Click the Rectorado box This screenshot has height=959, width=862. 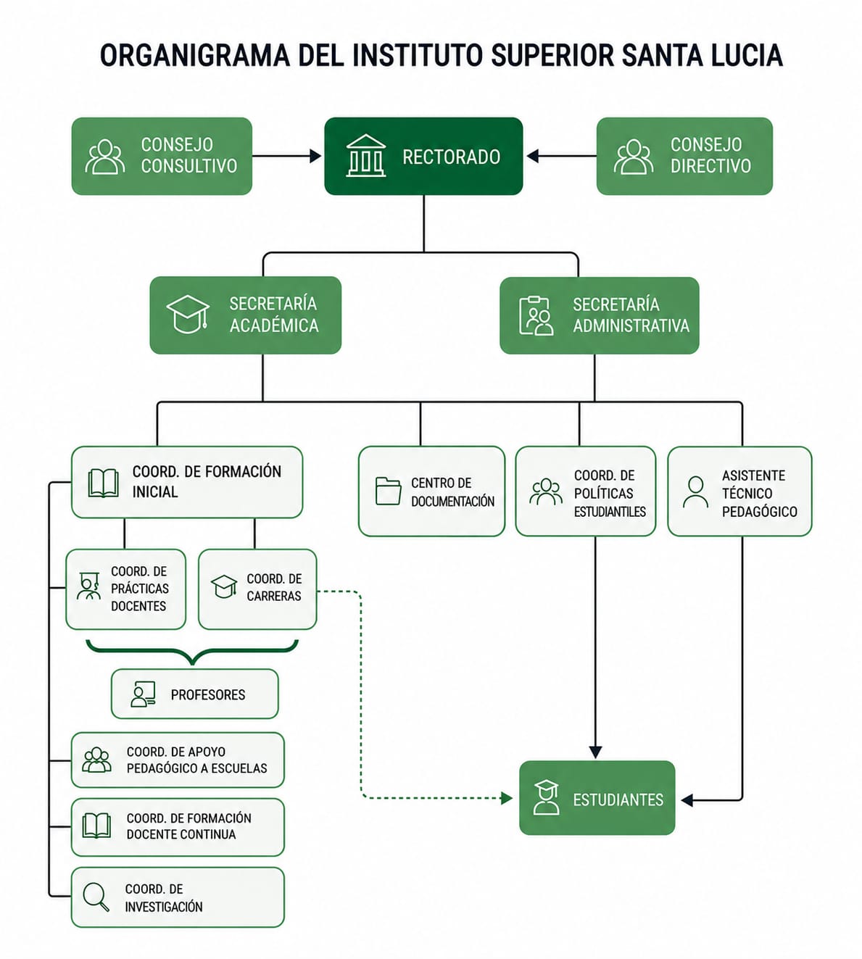coord(423,156)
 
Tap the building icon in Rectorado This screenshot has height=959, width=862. coord(366,155)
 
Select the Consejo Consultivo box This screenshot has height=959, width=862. coord(162,156)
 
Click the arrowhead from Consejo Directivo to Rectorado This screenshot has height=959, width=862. coord(532,156)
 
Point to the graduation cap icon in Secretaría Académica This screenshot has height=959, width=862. coord(188,314)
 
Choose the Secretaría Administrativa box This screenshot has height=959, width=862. coord(600,315)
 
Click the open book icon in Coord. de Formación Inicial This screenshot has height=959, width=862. coord(104,483)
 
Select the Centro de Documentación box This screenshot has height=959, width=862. coord(431,491)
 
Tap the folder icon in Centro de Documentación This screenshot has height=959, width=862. coord(389,491)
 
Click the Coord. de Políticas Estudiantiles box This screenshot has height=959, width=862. coord(586,491)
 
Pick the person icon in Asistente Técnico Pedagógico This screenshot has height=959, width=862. coord(695,492)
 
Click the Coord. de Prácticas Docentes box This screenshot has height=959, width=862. coord(126,589)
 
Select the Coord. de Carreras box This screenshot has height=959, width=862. coord(257,589)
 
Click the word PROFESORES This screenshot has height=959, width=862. coord(208,694)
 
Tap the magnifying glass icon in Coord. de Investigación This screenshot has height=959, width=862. coord(96,897)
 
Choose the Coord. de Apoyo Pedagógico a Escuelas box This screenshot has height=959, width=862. coord(178,760)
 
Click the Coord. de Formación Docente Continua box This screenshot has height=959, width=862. coord(178,826)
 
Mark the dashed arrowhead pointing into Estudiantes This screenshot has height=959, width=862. coord(507,798)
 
